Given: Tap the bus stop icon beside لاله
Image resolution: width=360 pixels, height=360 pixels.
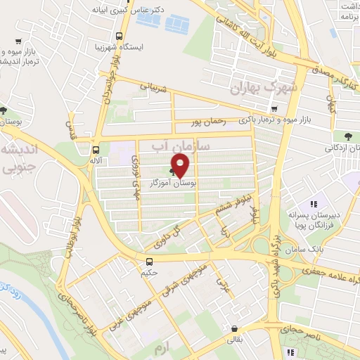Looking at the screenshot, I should click(x=96, y=149).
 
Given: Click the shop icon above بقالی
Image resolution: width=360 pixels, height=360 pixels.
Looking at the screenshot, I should click(x=233, y=328).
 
